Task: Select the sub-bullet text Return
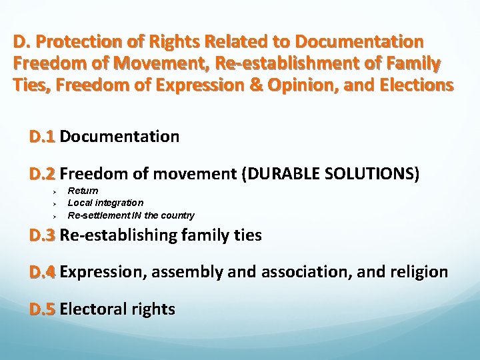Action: click(83, 191)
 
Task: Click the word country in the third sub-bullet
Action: click(179, 215)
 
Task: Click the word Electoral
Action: click(91, 309)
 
